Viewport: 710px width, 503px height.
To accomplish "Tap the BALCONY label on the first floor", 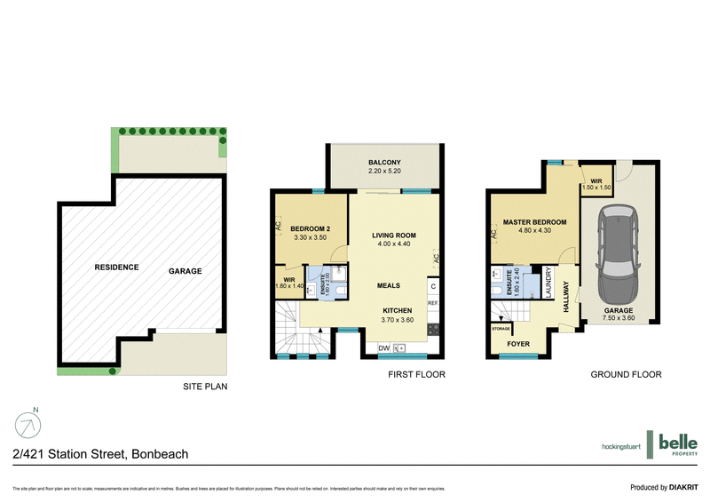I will (384, 163).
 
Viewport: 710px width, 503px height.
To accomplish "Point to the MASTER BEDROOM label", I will (534, 222).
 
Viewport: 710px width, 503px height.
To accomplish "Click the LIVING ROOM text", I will (393, 236).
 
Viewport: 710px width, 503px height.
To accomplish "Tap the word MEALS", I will (388, 286).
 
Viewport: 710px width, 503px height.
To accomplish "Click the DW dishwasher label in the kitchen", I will (383, 347).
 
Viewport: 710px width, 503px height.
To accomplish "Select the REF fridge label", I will (433, 304).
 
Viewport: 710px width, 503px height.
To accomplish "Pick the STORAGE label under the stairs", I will (501, 328).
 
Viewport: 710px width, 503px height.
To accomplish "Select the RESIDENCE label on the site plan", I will (117, 267).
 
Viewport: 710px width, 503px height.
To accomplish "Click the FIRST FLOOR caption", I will (416, 375).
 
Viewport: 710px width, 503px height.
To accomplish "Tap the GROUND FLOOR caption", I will (627, 375).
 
